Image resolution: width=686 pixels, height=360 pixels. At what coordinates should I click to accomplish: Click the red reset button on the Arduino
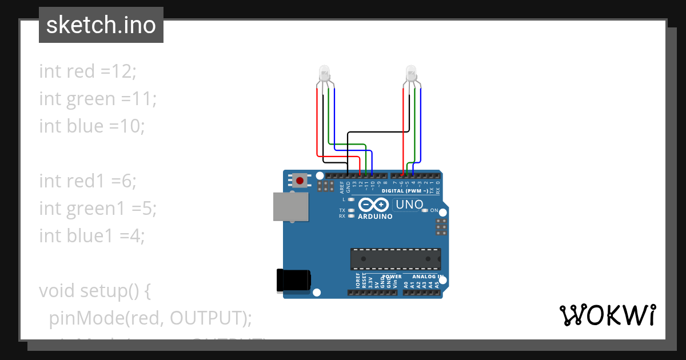(300, 181)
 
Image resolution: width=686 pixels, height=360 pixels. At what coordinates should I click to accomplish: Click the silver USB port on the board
(290, 206)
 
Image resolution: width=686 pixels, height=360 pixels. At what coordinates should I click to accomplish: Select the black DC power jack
(293, 280)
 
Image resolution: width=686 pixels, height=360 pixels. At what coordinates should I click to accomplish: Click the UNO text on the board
(409, 205)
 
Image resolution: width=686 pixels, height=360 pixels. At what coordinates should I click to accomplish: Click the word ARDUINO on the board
(375, 217)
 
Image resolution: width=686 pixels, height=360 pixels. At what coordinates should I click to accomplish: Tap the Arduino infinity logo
(374, 205)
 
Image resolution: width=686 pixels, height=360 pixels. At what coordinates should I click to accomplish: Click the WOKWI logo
(607, 315)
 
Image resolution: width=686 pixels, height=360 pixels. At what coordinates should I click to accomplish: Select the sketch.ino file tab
(101, 25)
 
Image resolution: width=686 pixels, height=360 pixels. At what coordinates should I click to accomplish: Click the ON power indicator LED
(425, 210)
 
